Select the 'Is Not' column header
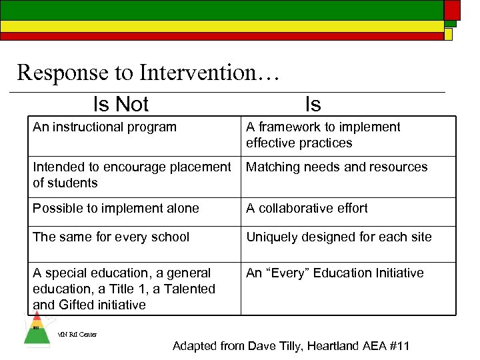tap(121, 104)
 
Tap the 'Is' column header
tap(313, 104)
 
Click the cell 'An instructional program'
tap(105, 127)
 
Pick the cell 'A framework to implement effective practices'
tap(323, 135)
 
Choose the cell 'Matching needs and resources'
tap(337, 167)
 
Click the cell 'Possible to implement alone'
tap(116, 208)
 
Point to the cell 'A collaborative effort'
tap(307, 208)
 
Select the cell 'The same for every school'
tap(111, 237)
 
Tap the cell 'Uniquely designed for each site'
tap(339, 237)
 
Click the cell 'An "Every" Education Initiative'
tap(335, 273)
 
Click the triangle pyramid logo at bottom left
tap(37, 329)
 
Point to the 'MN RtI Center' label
tap(77, 335)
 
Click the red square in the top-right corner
tap(451, 9)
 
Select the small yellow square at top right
tap(448, 34)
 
